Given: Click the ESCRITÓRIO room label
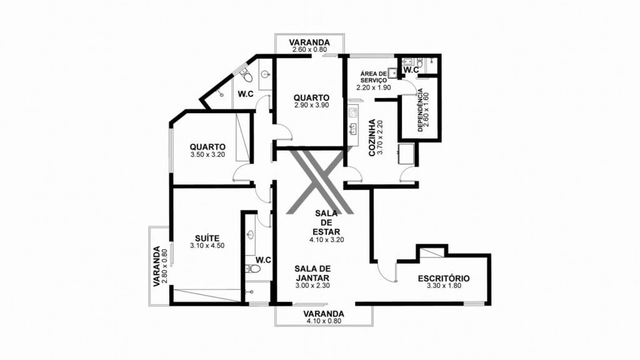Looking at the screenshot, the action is click(x=444, y=278).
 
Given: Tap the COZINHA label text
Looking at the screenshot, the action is click(x=372, y=137).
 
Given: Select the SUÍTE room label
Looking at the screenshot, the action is click(x=207, y=238).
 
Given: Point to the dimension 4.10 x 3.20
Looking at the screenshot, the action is click(x=326, y=240).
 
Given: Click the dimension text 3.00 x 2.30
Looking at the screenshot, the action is click(x=312, y=286).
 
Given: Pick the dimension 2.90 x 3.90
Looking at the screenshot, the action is click(x=311, y=105).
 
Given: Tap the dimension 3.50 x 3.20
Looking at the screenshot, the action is click(x=207, y=155).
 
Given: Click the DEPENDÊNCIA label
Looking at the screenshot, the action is click(x=420, y=110).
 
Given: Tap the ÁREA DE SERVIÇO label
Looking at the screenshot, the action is click(x=374, y=77).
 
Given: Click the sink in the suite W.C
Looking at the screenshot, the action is click(x=250, y=235).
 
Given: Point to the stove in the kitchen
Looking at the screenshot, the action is click(x=353, y=112).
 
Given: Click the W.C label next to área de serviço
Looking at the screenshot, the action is click(x=411, y=70).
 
